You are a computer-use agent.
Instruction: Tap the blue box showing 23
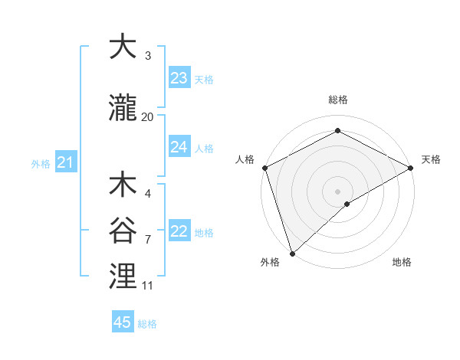[179, 78]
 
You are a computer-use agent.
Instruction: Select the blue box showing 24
[179, 147]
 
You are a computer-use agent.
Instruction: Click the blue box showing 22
[179, 231]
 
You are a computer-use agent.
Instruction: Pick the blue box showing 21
[65, 162]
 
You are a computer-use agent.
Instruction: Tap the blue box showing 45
[123, 322]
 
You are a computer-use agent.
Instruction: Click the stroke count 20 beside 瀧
[148, 117]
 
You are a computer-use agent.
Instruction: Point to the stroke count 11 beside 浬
[148, 286]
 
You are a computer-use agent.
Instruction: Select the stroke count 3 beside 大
[148, 55]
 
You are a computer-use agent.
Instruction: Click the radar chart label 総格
[337, 100]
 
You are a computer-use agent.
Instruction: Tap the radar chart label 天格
[431, 159]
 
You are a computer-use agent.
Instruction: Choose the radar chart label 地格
[402, 262]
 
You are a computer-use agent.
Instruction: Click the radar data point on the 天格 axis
[411, 167]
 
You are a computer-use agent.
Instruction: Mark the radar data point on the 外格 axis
[292, 253]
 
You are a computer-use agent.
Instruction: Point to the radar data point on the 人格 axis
[264, 167]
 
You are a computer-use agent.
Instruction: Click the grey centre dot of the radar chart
[337, 191]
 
